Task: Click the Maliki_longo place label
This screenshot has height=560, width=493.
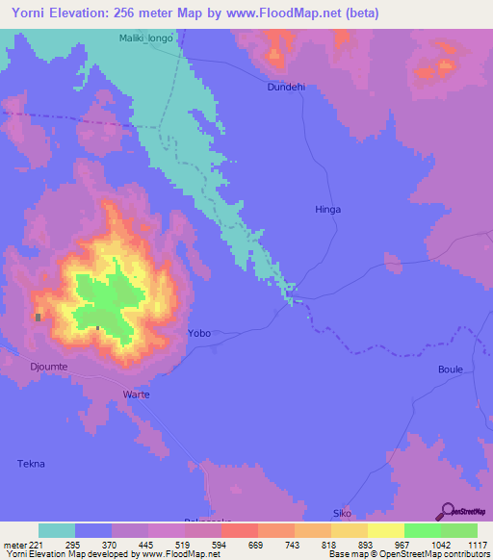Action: [x=146, y=38]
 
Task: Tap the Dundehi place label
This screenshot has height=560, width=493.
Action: [x=286, y=87]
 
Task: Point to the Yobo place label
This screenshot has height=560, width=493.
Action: [x=198, y=333]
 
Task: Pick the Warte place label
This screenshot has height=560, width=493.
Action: [x=136, y=395]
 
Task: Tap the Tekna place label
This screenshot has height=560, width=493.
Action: [x=31, y=464]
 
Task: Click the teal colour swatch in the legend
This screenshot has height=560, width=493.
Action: [x=57, y=530]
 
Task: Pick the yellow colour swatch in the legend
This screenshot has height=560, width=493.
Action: [x=386, y=530]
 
